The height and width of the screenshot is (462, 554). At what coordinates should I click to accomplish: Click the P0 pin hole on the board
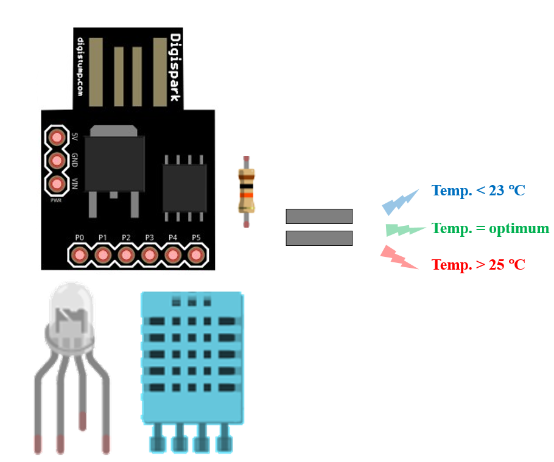click(x=79, y=254)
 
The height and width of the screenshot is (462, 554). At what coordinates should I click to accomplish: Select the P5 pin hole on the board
click(x=196, y=254)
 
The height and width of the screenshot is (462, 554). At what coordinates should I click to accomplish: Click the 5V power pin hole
click(x=57, y=136)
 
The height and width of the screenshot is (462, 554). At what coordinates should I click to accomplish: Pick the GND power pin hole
click(x=57, y=160)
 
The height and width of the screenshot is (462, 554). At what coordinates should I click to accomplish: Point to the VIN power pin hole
click(x=57, y=183)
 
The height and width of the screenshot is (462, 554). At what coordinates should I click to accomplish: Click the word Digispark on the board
click(x=175, y=67)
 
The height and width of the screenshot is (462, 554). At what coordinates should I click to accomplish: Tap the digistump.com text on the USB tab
click(x=81, y=67)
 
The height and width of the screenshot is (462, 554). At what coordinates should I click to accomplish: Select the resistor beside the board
click(x=246, y=191)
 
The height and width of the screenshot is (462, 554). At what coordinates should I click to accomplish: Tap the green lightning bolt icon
click(x=405, y=229)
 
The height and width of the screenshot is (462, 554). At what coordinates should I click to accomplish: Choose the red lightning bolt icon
click(x=398, y=257)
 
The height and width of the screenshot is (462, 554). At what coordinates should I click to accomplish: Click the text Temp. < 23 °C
click(x=478, y=191)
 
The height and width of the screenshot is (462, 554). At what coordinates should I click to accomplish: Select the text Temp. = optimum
click(x=490, y=228)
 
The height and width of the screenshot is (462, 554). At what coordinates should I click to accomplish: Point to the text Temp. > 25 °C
click(x=478, y=265)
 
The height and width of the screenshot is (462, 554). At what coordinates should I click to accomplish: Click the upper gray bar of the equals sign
click(x=319, y=216)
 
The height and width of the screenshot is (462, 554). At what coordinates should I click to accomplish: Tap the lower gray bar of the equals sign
click(x=319, y=238)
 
